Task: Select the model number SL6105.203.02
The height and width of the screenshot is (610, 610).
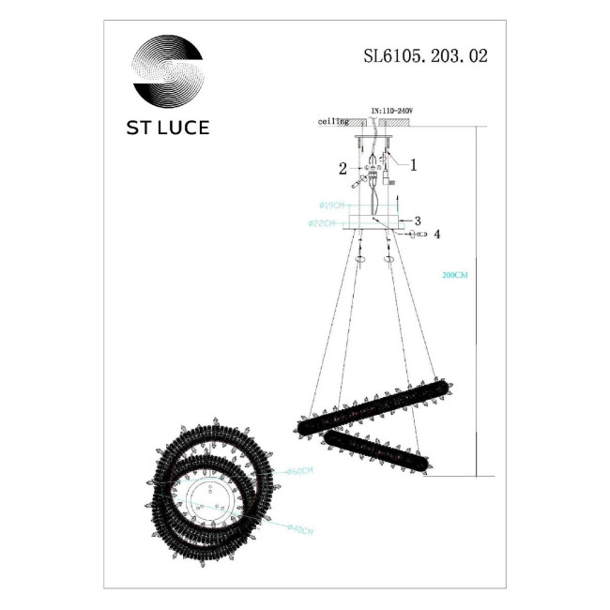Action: click(x=425, y=55)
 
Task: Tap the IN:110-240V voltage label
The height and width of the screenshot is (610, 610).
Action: click(x=394, y=112)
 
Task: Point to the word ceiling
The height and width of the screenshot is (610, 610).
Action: click(x=333, y=122)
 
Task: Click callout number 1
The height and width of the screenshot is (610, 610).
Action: click(x=413, y=162)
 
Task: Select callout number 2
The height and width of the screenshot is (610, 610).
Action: click(x=343, y=169)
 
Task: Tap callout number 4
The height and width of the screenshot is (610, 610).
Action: click(x=436, y=233)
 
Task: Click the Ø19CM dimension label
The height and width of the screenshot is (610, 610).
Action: click(x=334, y=205)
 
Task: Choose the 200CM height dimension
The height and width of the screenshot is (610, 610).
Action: click(x=454, y=276)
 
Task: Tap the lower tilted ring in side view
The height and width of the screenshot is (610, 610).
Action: click(x=376, y=450)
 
